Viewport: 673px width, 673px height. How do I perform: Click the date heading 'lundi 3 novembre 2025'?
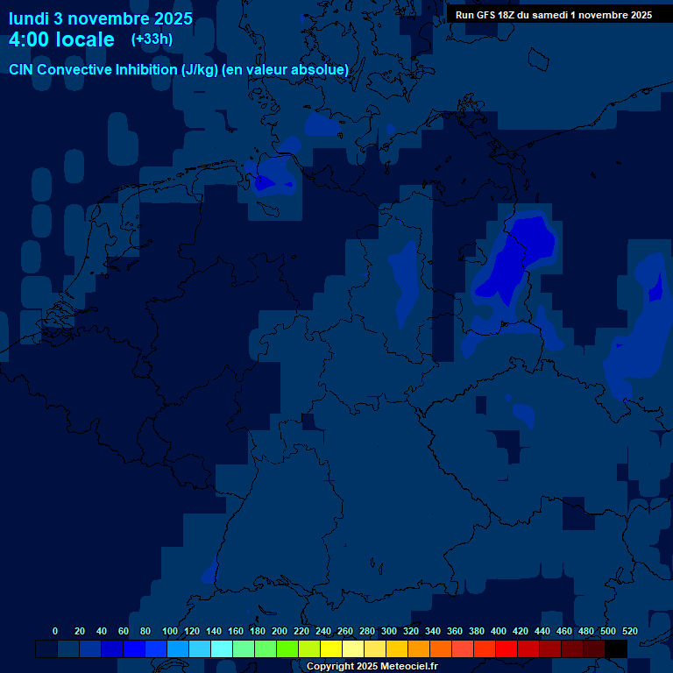(100, 18)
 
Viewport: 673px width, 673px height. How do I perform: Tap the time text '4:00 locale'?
(61, 39)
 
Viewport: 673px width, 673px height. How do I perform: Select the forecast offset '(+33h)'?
(152, 39)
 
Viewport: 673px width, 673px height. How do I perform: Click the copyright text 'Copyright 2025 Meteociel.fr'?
(372, 666)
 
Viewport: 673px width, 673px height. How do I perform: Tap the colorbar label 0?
(55, 631)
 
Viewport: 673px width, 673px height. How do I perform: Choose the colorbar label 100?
(170, 631)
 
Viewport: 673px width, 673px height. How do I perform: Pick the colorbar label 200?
(280, 631)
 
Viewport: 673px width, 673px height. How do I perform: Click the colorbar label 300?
(389, 631)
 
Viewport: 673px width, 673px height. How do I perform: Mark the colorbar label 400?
(499, 631)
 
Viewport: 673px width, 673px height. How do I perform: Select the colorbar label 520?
(629, 631)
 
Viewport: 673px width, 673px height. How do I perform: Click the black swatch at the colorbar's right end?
(616, 648)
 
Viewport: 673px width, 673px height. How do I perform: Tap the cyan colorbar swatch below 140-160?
(222, 648)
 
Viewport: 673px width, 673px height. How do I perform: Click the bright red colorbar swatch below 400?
(507, 648)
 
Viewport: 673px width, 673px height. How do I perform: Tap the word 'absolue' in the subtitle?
(321, 69)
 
